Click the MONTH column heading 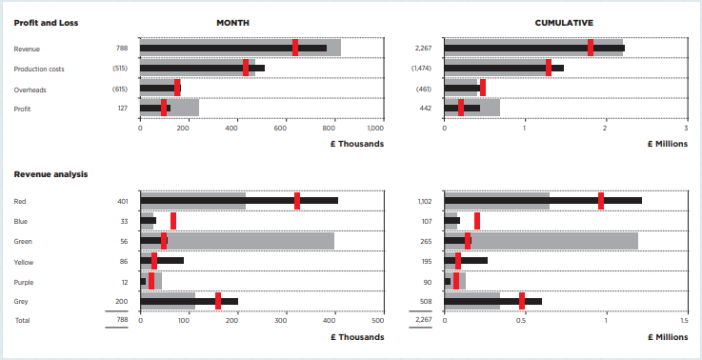(232, 22)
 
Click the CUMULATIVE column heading (564, 22)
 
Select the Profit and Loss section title (47, 22)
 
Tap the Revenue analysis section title (50, 174)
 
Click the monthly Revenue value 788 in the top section (121, 48)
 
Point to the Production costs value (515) (119, 69)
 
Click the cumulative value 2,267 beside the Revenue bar (423, 48)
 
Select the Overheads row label (30, 90)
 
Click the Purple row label (25, 282)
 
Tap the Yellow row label (25, 261)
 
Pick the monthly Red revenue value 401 (121, 201)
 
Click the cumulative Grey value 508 (424, 302)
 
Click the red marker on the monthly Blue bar (172, 221)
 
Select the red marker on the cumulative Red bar (601, 200)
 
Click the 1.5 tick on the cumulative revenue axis (684, 320)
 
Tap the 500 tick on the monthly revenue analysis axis (383, 320)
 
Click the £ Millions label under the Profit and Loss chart (667, 144)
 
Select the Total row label (21, 321)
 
